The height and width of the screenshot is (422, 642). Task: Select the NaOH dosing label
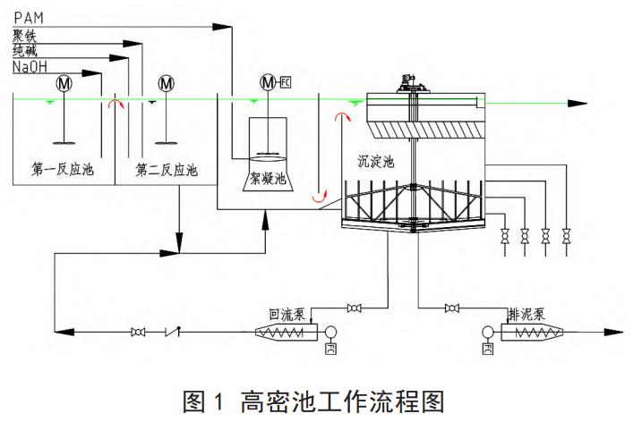30,66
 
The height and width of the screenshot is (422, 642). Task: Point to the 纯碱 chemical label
24,50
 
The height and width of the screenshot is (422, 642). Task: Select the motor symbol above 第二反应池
166,83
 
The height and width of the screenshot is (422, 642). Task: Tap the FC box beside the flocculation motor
286,83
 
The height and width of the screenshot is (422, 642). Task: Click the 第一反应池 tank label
63,168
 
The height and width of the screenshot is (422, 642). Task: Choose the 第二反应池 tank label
167,168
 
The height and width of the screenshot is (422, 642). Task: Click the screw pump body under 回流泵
286,333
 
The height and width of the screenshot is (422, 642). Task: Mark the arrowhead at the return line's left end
59,333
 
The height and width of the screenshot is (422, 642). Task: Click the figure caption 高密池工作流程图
321,400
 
